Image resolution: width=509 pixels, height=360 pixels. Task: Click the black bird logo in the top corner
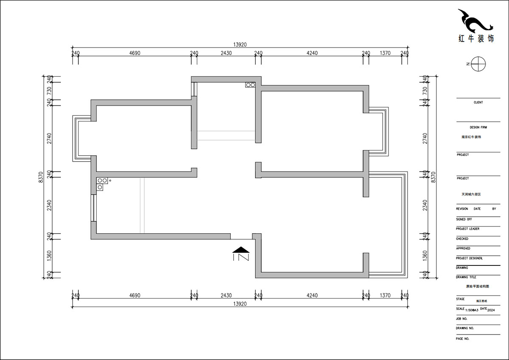pyautogui.click(x=475, y=21)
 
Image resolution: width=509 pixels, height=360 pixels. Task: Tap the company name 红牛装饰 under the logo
pyautogui.click(x=476, y=39)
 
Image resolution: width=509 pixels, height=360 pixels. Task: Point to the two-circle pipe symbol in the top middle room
pyautogui.click(x=250, y=85)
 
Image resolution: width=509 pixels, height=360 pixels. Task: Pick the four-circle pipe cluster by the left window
pyautogui.click(x=102, y=184)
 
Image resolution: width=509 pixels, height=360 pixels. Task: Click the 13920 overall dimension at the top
pyautogui.click(x=240, y=44)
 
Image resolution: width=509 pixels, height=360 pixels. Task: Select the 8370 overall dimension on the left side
pyautogui.click(x=40, y=177)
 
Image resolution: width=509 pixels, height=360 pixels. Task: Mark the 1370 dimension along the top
pyautogui.click(x=385, y=53)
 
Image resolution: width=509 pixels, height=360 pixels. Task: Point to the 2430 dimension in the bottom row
pyautogui.click(x=226, y=296)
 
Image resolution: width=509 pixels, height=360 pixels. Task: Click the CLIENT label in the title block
pyautogui.click(x=478, y=103)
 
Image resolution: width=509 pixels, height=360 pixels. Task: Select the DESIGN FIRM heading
pyautogui.click(x=478, y=127)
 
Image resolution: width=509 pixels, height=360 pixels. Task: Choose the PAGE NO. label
pyautogui.click(x=462, y=339)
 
